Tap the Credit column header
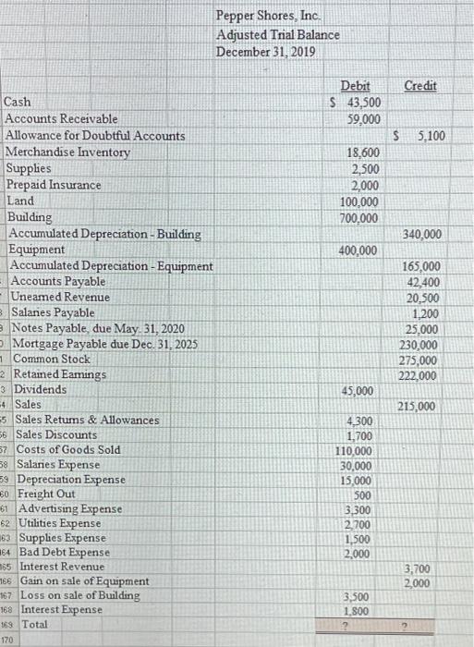pos(419,85)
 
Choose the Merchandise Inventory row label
pos(67,153)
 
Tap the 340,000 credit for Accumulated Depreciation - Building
pos(422,234)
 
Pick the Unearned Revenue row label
pos(60,297)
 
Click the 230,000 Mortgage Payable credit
pos(422,344)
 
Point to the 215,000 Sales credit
pos(421,407)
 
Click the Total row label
pos(36,624)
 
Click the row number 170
pos(7,639)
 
